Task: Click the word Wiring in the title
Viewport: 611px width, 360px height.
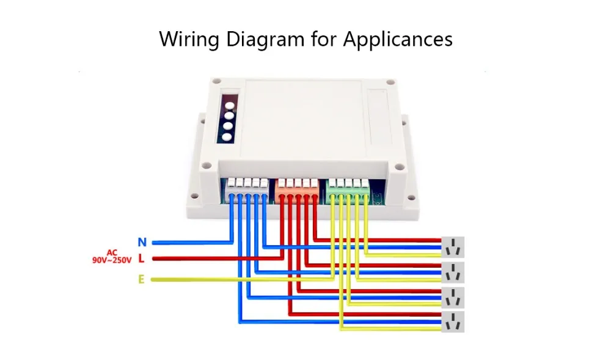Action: (x=189, y=39)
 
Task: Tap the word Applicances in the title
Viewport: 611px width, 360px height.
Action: (x=397, y=39)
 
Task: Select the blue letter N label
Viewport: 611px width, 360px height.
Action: (x=142, y=243)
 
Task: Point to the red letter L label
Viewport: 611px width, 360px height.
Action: (x=141, y=259)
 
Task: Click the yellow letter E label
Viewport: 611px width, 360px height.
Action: (x=141, y=280)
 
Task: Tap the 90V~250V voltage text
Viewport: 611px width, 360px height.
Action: (x=112, y=260)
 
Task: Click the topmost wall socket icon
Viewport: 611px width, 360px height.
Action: (x=453, y=246)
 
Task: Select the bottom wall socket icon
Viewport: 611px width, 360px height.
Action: (x=453, y=321)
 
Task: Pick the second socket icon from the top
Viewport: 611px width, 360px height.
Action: (x=453, y=271)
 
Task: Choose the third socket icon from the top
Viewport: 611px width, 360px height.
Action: (x=453, y=296)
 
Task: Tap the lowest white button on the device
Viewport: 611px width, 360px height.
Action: (x=227, y=137)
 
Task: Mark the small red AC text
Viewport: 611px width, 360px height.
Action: (x=112, y=252)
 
